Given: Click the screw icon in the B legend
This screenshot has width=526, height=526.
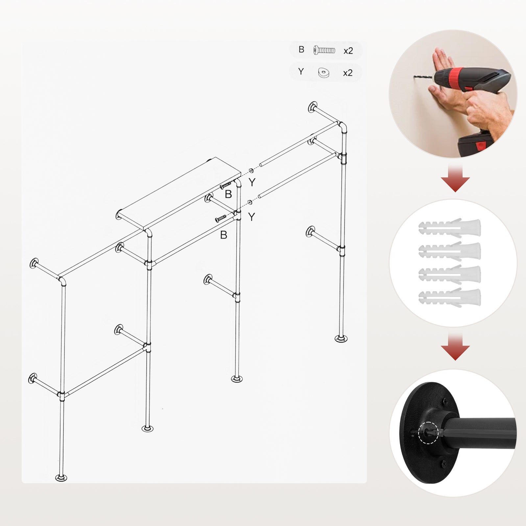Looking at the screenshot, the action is click(x=324, y=50).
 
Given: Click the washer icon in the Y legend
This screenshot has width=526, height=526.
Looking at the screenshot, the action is click(x=323, y=72).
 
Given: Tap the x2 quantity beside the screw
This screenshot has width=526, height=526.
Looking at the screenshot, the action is click(x=348, y=51).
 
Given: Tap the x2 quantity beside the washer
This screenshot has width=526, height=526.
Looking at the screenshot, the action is click(x=347, y=73).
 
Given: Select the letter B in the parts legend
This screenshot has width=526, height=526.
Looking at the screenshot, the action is click(x=301, y=49).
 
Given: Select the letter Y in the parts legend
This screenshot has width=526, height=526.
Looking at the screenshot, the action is click(x=301, y=71).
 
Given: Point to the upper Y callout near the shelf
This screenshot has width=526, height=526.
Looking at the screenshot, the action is click(x=252, y=182).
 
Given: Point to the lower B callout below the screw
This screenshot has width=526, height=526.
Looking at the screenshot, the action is click(x=224, y=235).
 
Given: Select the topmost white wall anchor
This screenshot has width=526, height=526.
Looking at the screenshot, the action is click(x=450, y=227).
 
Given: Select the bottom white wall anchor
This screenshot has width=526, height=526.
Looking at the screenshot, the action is click(x=450, y=298).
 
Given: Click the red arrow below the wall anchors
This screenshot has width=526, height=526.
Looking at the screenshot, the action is click(x=455, y=346).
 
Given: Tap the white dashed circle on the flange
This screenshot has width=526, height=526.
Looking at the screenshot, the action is click(x=428, y=433).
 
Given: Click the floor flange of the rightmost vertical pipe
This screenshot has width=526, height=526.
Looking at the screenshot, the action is click(x=341, y=338).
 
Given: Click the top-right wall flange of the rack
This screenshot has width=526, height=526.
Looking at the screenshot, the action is click(x=312, y=107).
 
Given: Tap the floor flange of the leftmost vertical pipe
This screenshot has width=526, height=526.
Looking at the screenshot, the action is click(x=61, y=478).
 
